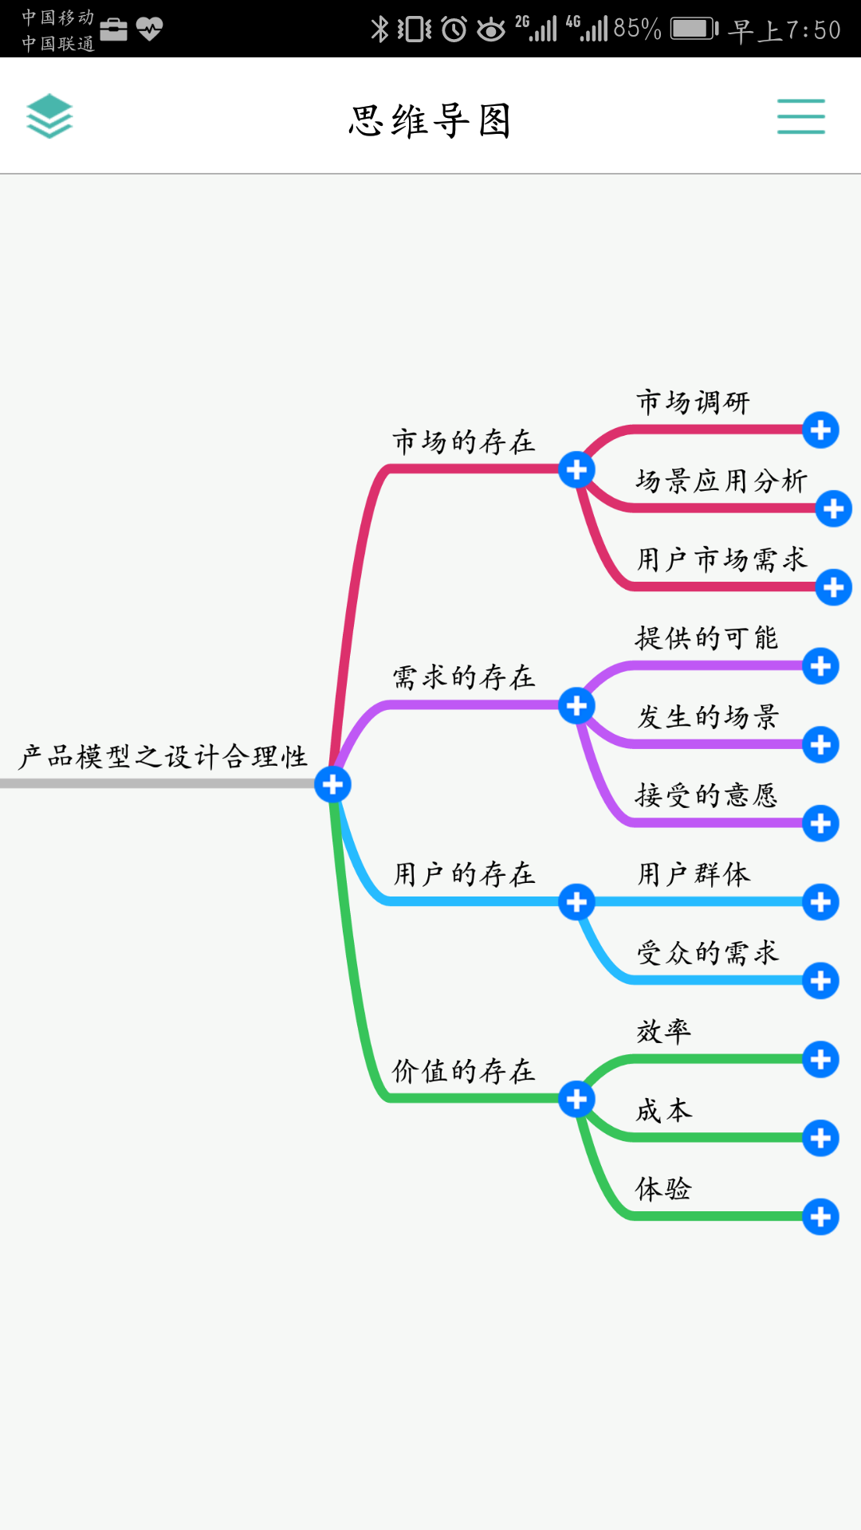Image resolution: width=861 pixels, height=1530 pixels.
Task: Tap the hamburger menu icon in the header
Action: tap(800, 116)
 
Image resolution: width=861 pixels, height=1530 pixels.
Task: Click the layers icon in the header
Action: tap(49, 116)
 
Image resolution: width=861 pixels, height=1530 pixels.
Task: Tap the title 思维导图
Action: tap(430, 121)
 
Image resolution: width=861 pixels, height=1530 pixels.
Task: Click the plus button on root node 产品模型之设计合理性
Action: tap(332, 784)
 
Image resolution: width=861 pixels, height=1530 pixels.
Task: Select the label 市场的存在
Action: tap(463, 441)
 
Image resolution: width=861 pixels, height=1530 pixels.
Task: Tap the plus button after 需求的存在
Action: tap(576, 706)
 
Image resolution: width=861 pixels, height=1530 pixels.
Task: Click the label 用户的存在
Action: tap(463, 874)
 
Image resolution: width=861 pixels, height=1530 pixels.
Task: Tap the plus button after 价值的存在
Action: tap(576, 1100)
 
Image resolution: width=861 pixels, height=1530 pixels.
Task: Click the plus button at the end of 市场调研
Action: tap(820, 430)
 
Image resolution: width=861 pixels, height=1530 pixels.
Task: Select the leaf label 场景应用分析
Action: tap(721, 481)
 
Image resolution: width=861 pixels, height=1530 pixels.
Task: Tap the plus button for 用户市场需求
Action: tap(833, 587)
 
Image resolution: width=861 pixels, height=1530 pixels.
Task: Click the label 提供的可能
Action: tap(706, 637)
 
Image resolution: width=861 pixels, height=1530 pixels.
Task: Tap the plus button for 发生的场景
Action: tap(820, 745)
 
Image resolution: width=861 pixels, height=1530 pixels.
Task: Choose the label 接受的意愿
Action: tap(706, 795)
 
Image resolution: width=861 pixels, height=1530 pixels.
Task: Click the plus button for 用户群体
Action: tap(820, 902)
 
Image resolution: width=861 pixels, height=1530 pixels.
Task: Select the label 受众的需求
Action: tap(706, 952)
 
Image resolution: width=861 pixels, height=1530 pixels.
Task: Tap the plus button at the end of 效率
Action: tap(820, 1060)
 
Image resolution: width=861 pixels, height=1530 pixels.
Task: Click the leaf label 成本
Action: tap(663, 1110)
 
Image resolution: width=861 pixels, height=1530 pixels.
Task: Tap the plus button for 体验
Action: tap(820, 1217)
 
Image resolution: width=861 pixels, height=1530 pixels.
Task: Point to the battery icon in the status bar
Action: tap(694, 29)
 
